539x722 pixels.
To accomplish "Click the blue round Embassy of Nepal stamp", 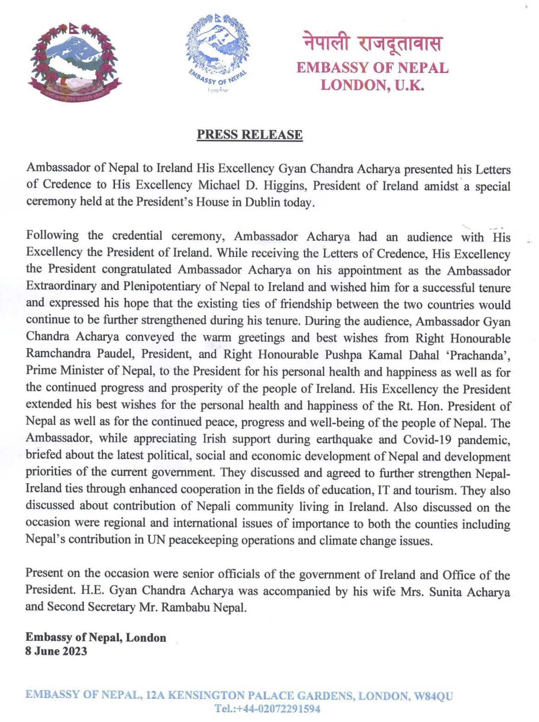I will click(218, 53).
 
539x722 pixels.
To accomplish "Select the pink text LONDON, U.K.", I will click(373, 85).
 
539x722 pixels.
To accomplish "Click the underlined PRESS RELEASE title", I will click(250, 134).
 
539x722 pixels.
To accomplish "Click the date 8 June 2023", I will click(56, 651).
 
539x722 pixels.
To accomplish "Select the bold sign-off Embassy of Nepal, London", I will click(96, 637).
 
